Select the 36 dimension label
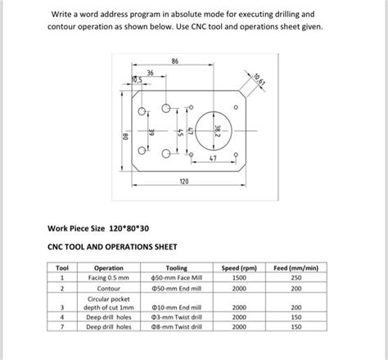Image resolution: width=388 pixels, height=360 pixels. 151,73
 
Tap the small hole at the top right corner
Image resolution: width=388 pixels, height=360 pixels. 236,106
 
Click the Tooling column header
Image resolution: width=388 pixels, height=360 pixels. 176,268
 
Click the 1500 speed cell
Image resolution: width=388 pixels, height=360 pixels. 239,278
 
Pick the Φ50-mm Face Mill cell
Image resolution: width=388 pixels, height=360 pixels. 176,278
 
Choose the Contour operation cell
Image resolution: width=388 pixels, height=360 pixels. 109,289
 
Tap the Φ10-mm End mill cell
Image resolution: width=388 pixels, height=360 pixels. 176,307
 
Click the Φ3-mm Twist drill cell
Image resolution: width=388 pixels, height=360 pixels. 176,317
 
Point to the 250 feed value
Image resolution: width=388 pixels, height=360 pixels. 296,278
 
